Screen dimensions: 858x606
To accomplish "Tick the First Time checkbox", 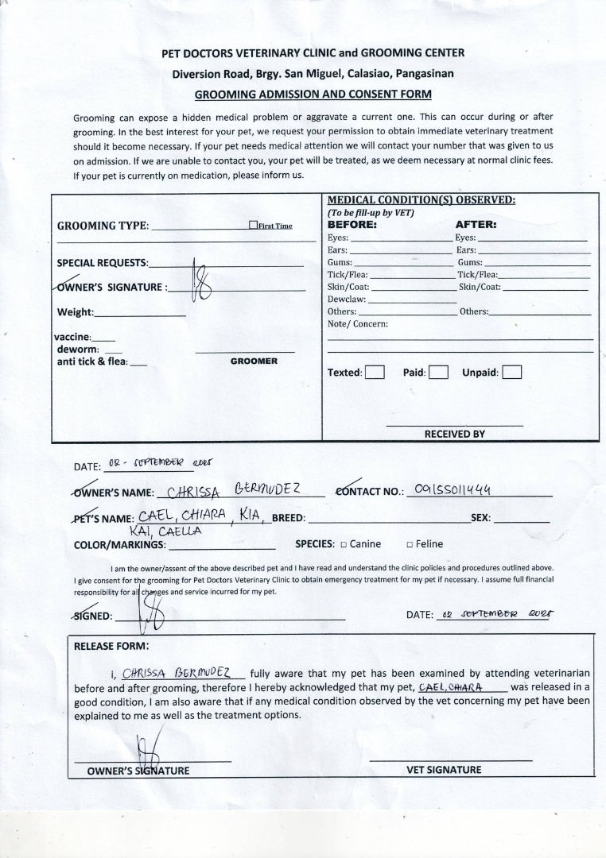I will (x=253, y=225).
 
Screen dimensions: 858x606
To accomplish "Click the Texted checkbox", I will (x=375, y=372).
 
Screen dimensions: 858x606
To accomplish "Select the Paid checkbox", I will (x=438, y=372).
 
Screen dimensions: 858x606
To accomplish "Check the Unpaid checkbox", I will (x=512, y=372).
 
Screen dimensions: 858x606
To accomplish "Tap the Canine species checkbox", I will (x=344, y=544).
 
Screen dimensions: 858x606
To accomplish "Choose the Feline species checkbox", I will (x=410, y=544).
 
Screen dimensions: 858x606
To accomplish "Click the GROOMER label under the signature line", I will (x=254, y=361).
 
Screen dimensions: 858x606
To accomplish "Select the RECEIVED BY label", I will (x=454, y=434).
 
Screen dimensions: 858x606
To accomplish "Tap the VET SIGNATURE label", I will (x=444, y=769).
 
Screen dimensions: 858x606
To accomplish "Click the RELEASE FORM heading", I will (x=111, y=646).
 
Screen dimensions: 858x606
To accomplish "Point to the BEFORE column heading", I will (x=352, y=225).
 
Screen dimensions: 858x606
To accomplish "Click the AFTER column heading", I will (x=476, y=225).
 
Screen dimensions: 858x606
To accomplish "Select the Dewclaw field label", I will (x=346, y=300).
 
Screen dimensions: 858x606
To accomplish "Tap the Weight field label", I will (x=75, y=312).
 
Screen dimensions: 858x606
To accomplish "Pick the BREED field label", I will (x=289, y=518).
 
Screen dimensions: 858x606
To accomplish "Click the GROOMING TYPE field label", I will (x=103, y=226).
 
